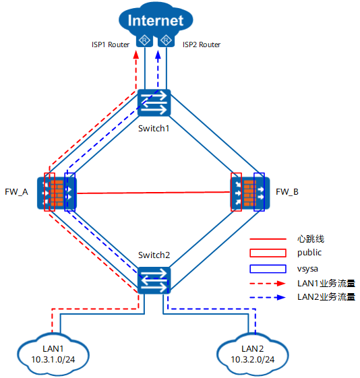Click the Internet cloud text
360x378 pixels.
pyautogui.click(x=156, y=20)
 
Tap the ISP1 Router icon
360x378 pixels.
pyautogui.click(x=144, y=40)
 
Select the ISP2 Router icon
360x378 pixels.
pyautogui.click(x=166, y=40)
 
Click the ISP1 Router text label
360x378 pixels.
pyautogui.click(x=111, y=44)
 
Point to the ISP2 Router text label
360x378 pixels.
pyautogui.click(x=202, y=44)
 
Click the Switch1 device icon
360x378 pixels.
pyautogui.click(x=154, y=103)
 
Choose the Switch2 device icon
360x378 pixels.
pyautogui.click(x=154, y=280)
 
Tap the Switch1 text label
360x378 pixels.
pyautogui.click(x=154, y=129)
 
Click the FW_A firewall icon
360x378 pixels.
pyautogui.click(x=57, y=193)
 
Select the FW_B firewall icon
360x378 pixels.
pyautogui.click(x=250, y=193)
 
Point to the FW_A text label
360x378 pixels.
pyautogui.click(x=16, y=192)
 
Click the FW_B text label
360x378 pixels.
pyautogui.click(x=287, y=192)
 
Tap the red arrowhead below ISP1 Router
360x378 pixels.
pyautogui.click(x=136, y=55)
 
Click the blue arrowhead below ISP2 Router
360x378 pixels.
pyautogui.click(x=158, y=55)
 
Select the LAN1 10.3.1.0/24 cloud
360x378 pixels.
pyautogui.click(x=53, y=354)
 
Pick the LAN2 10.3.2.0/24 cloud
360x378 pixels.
pyautogui.click(x=252, y=354)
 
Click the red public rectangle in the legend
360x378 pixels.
pyautogui.click(x=268, y=253)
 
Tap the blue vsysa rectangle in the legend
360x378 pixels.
pyautogui.click(x=268, y=269)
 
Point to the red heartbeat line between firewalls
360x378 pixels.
pyautogui.click(x=153, y=193)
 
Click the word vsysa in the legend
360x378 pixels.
pyautogui.click(x=307, y=269)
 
